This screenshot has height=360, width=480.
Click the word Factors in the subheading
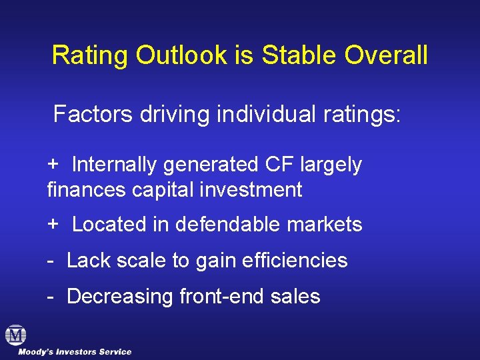(93, 114)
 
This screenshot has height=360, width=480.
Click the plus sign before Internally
(53, 164)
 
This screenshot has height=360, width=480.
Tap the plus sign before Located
(53, 225)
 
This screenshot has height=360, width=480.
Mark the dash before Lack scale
(51, 260)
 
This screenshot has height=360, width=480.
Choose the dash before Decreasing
(51, 296)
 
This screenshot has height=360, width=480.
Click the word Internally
(116, 164)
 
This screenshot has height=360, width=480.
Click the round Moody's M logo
(15, 335)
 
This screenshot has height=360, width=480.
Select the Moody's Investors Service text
(75, 352)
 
